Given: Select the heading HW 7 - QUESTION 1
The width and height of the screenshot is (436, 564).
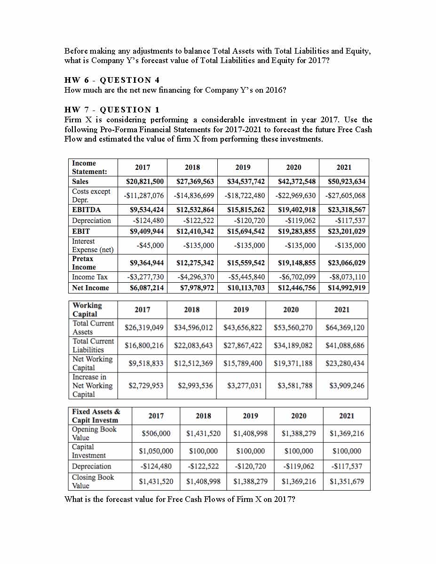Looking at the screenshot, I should (112, 110).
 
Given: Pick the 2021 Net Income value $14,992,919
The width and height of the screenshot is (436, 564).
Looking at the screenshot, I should (347, 288).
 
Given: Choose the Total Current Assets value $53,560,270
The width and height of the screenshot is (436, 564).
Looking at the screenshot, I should (293, 327).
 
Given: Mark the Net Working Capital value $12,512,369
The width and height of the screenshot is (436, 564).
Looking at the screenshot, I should (193, 363).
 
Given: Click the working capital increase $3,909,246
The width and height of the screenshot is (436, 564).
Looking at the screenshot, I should (347, 386).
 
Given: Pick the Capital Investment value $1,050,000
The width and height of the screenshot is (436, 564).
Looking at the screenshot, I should (156, 451).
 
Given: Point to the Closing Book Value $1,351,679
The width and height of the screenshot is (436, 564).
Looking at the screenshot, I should (347, 481).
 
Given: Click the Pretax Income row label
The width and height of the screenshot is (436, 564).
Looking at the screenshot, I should (83, 262).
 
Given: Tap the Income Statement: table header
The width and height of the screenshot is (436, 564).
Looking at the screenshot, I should (89, 167).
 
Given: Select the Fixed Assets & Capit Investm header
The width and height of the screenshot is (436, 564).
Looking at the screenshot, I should (95, 416).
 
